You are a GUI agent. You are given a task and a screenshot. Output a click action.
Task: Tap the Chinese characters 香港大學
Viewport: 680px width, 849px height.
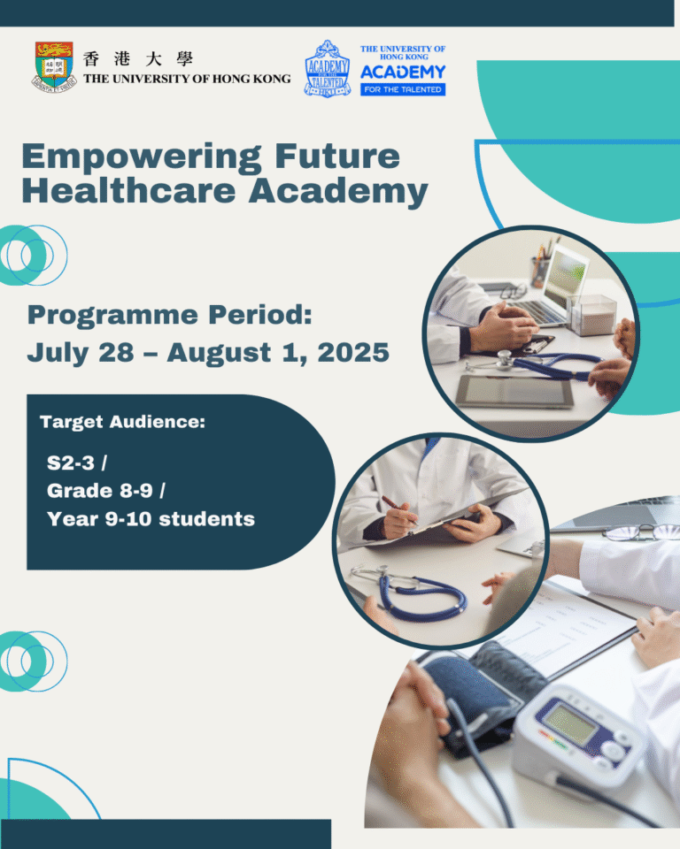point(137,59)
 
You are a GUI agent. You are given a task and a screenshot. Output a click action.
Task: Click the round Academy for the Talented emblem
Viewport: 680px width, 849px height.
point(327,68)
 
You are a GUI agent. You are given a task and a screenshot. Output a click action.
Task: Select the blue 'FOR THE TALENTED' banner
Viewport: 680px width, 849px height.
point(403,89)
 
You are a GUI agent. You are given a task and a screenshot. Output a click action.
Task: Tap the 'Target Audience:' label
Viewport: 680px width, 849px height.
point(122,422)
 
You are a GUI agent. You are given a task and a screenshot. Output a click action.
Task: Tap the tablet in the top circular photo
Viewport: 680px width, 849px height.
point(515,389)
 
